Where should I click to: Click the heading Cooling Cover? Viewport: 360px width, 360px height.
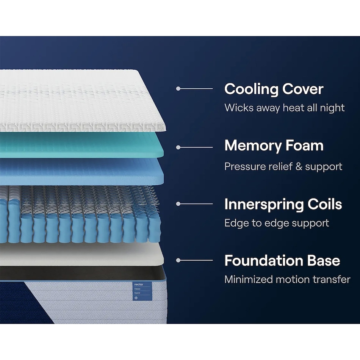pyautogui.click(x=274, y=89)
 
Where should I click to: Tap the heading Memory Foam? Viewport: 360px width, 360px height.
pyautogui.click(x=274, y=146)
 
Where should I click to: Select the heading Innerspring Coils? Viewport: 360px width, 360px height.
pyautogui.click(x=283, y=204)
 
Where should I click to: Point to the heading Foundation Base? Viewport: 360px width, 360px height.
pyautogui.click(x=282, y=261)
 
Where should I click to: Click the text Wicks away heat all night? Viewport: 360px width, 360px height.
pyautogui.click(x=285, y=108)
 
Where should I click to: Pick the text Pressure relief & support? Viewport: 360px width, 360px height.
pyautogui.click(x=283, y=166)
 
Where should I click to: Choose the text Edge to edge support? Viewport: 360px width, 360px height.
pyautogui.click(x=277, y=223)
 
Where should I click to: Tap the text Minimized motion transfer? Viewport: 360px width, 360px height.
pyautogui.click(x=287, y=279)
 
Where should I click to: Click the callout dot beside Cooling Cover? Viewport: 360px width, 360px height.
pyautogui.click(x=178, y=88)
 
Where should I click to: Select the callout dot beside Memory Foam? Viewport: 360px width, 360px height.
pyautogui.click(x=178, y=147)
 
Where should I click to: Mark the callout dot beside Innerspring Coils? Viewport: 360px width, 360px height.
pyautogui.click(x=178, y=203)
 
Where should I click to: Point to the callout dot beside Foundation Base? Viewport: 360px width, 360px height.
pyautogui.click(x=178, y=260)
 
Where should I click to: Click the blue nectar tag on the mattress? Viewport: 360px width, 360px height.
pyautogui.click(x=142, y=291)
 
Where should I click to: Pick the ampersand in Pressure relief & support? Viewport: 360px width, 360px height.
pyautogui.click(x=299, y=166)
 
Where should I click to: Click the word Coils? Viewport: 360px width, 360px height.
pyautogui.click(x=325, y=204)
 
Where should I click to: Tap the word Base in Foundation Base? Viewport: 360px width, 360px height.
pyautogui.click(x=324, y=261)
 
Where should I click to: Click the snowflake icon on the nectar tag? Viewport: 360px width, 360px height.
pyautogui.click(x=136, y=298)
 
